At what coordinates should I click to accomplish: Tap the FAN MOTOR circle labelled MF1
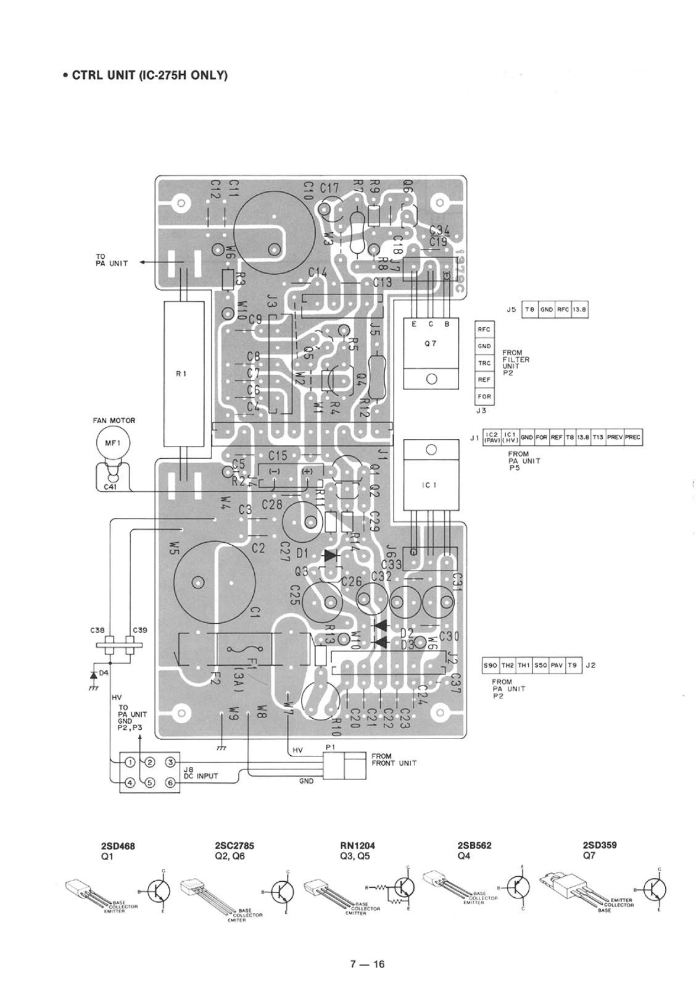(x=110, y=444)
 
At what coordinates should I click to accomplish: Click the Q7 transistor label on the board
(x=431, y=344)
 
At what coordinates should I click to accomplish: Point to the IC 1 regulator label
(x=430, y=485)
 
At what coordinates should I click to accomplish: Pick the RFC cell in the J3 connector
(x=484, y=329)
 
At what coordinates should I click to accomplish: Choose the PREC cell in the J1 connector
(x=633, y=438)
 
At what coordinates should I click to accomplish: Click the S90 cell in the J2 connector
(x=491, y=666)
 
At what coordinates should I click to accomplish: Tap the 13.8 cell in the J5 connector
(x=579, y=309)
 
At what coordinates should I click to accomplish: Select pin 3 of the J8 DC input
(x=171, y=763)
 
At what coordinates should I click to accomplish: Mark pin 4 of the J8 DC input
(x=130, y=783)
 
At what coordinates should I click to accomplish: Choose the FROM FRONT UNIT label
(x=394, y=760)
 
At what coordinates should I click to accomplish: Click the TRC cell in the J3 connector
(x=484, y=363)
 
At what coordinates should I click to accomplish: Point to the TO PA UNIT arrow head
(x=142, y=262)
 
